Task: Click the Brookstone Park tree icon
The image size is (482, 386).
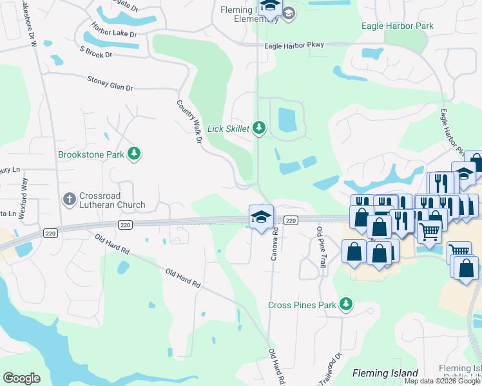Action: click(134, 154)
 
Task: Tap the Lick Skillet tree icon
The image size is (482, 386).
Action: click(259, 129)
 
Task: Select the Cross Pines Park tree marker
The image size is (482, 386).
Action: click(347, 304)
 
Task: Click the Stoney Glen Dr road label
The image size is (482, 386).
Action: click(110, 83)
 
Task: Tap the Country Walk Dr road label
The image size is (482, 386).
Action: click(189, 122)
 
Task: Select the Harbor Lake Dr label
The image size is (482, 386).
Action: click(114, 30)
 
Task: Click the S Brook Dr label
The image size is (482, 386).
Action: click(95, 51)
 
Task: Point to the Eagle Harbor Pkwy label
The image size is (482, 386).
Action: click(294, 45)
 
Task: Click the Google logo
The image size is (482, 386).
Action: click(21, 378)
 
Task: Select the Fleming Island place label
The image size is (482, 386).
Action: click(385, 373)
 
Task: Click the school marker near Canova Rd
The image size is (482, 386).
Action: click(261, 217)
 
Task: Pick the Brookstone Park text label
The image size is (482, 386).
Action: click(92, 155)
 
